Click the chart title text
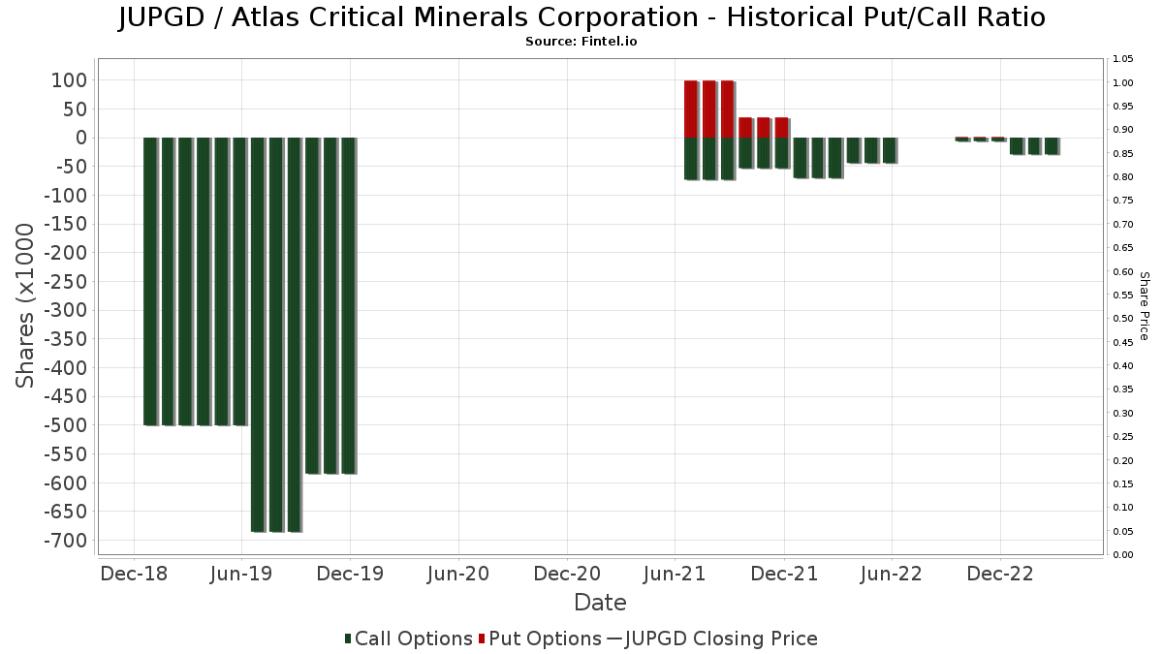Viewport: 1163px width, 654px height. pyautogui.click(x=581, y=17)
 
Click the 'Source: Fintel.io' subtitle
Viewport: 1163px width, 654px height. pyautogui.click(x=581, y=42)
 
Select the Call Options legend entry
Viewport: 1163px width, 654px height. pyautogui.click(x=408, y=638)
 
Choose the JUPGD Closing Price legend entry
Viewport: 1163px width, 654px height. pyautogui.click(x=711, y=638)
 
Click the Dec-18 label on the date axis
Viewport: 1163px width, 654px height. pyautogui.click(x=134, y=574)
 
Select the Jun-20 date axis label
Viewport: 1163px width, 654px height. pyautogui.click(x=458, y=574)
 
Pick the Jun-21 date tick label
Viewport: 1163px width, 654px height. pyautogui.click(x=675, y=574)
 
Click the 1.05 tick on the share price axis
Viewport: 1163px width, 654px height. pyautogui.click(x=1123, y=59)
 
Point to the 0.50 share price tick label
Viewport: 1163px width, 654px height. pyautogui.click(x=1123, y=319)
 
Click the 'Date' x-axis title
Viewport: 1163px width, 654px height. pyautogui.click(x=600, y=603)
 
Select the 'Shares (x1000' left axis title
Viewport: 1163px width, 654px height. pyautogui.click(x=26, y=305)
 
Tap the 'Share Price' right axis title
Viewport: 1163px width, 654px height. pyautogui.click(x=1144, y=305)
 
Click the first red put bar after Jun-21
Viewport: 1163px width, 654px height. pyautogui.click(x=691, y=109)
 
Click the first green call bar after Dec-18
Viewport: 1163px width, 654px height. pyautogui.click(x=150, y=281)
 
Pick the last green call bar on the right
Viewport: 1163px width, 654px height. pyautogui.click(x=1052, y=146)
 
